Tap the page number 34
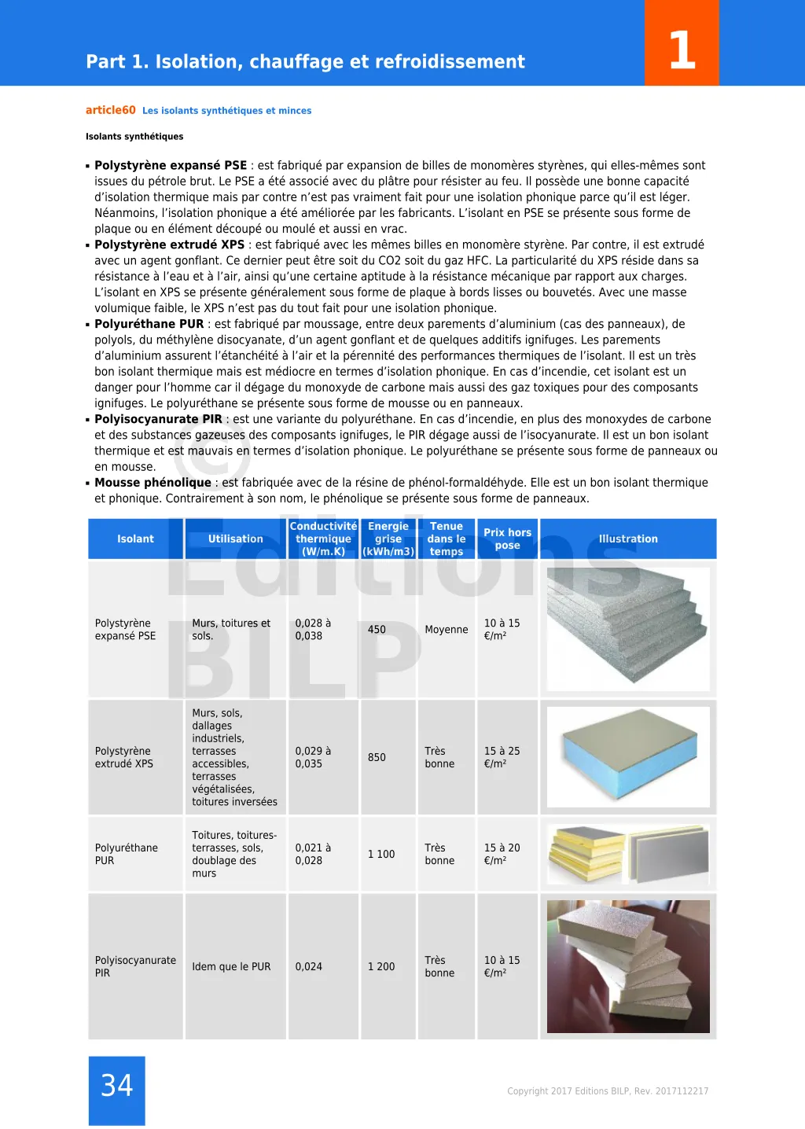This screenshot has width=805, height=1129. pyautogui.click(x=116, y=1086)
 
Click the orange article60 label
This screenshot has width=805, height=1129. pyautogui.click(x=111, y=110)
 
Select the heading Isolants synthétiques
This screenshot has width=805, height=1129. pyautogui.click(x=134, y=137)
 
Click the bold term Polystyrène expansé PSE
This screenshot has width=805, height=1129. pyautogui.click(x=171, y=165)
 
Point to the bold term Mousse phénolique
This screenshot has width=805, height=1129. pyautogui.click(x=153, y=483)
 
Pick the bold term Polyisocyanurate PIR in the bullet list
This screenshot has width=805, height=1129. pyautogui.click(x=158, y=419)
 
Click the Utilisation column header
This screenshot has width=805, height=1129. pyautogui.click(x=235, y=539)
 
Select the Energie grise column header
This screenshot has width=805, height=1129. pyautogui.click(x=388, y=539)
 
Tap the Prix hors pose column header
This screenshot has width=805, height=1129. pyautogui.click(x=507, y=539)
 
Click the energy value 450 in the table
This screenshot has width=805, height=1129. pyautogui.click(x=377, y=630)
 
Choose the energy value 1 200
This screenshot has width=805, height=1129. pyautogui.click(x=381, y=967)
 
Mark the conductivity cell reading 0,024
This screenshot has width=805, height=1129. pyautogui.click(x=309, y=967)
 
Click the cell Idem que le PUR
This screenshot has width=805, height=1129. pyautogui.click(x=231, y=967)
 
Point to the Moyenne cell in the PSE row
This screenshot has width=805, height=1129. pyautogui.click(x=447, y=630)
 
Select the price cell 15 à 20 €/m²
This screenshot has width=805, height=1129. pyautogui.click(x=502, y=855)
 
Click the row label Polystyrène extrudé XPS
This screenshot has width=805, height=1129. pyautogui.click(x=124, y=758)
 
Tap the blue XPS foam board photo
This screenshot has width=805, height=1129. pyautogui.click(x=628, y=757)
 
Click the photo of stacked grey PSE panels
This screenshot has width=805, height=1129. pyautogui.click(x=628, y=629)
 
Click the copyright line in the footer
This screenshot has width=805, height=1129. pyautogui.click(x=608, y=1091)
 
